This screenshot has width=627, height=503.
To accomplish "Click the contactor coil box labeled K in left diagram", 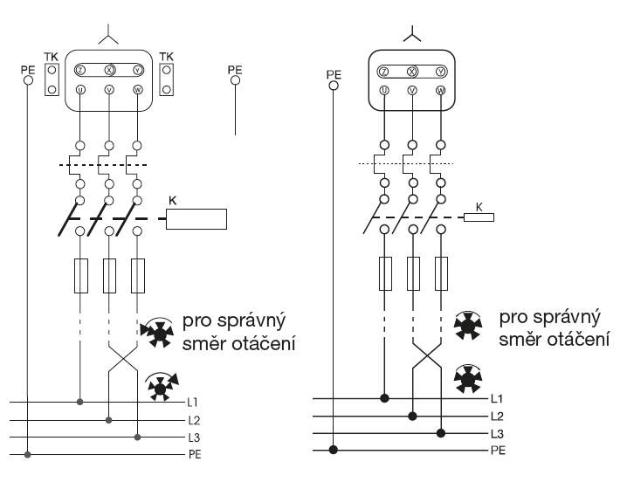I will point(196,218).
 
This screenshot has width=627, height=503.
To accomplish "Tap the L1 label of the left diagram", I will point(193,403).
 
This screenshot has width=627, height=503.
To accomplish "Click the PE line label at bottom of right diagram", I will point(498,451).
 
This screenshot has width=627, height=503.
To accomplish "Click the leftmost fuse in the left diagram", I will point(81,275).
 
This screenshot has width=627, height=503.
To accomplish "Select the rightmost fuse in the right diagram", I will point(441,273).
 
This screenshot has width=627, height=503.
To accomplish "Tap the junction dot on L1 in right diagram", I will point(384,399).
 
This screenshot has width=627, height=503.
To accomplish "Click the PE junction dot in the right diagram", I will point(333,451).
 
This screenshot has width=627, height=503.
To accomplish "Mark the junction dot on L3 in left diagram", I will point(137,437).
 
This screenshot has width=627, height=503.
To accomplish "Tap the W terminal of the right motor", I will point(439,89).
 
